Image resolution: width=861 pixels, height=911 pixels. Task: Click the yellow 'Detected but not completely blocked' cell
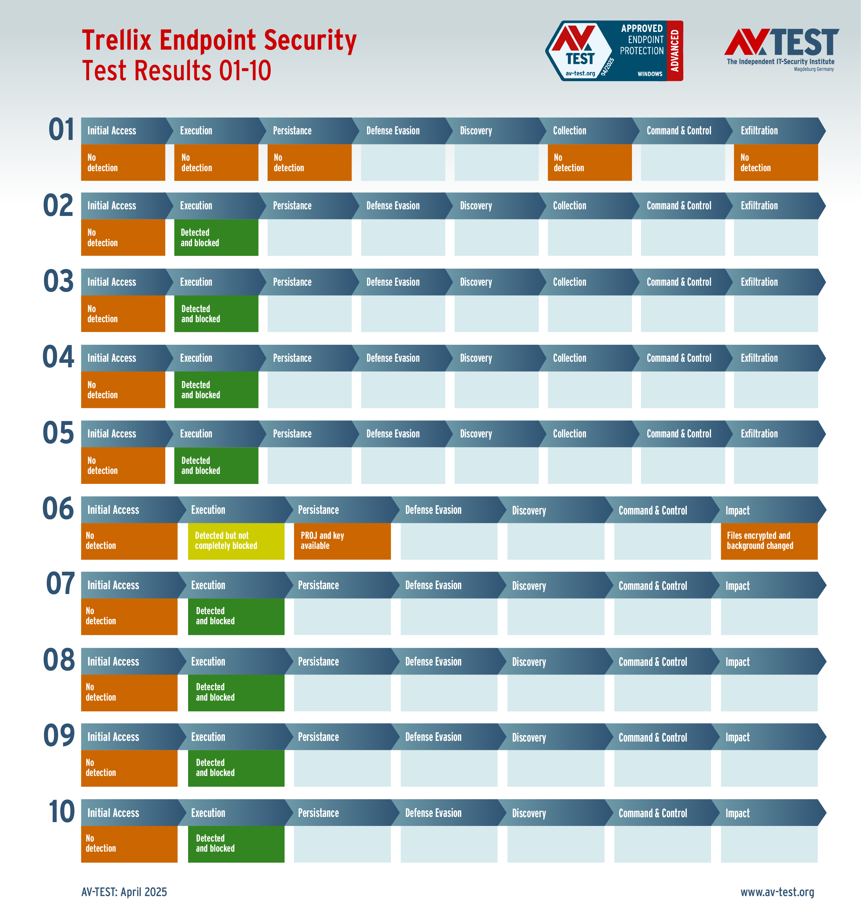236,541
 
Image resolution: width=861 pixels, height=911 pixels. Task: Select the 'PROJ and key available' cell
342,541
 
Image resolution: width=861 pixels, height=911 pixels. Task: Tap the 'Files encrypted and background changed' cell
769,541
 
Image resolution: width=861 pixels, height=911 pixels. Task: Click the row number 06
58,509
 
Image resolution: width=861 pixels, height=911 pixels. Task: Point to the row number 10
61,812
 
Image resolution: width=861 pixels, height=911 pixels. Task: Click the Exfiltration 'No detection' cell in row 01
775,162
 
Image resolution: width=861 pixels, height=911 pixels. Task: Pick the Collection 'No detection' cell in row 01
589,162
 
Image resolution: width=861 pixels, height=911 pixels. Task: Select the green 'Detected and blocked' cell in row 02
216,237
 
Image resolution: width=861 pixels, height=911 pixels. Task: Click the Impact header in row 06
737,510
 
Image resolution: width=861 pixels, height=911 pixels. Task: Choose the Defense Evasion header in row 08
433,661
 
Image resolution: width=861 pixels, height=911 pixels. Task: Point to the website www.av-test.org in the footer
777,892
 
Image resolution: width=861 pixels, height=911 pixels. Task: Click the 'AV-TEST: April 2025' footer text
124,892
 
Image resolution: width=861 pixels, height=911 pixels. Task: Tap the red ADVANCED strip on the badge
675,50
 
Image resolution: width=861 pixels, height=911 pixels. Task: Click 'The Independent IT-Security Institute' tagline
780,61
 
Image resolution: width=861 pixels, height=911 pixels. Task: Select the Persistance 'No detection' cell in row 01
309,162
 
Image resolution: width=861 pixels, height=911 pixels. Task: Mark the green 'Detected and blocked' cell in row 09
236,768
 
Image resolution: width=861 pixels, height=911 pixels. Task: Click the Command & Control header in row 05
678,434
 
